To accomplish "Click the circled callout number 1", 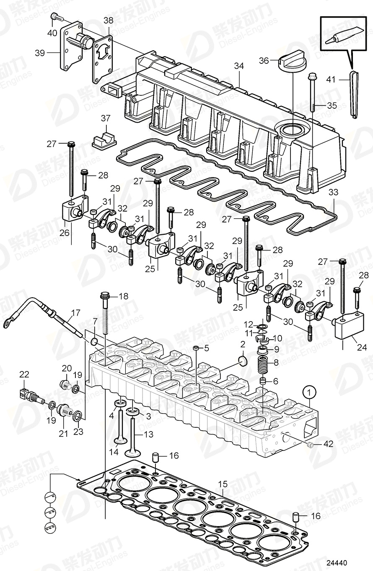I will (309, 393).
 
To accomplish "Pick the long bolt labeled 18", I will (104, 315).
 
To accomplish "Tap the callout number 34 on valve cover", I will (239, 66).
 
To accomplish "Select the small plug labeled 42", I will (310, 445).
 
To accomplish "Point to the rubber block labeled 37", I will (104, 140).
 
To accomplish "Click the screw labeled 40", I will (56, 17).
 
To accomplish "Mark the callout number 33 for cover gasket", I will (333, 193).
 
